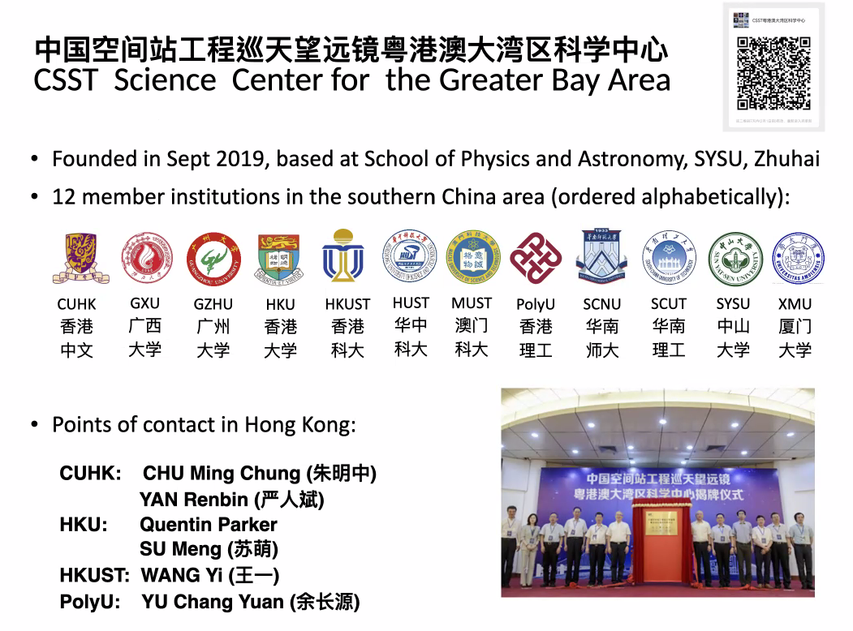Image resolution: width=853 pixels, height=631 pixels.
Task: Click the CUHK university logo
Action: [75, 258]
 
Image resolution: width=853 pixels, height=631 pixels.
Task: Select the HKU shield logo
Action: [280, 258]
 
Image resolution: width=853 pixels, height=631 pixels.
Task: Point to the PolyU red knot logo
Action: [536, 258]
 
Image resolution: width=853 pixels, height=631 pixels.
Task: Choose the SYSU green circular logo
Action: [735, 258]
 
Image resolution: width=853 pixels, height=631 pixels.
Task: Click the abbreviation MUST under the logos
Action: [472, 303]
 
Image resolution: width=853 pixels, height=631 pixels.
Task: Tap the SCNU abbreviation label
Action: [601, 304]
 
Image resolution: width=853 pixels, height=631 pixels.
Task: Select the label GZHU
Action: [213, 304]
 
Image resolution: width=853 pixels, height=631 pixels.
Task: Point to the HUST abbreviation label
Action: [411, 303]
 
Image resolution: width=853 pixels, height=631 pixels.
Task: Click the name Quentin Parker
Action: [208, 525]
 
